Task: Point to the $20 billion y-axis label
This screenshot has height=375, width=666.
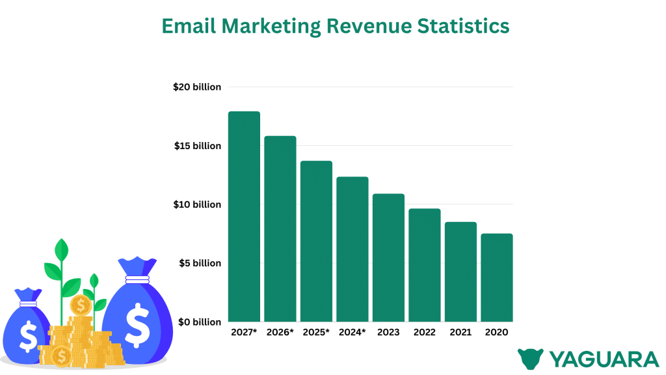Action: point(197,87)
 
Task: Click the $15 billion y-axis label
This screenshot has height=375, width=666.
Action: point(197,146)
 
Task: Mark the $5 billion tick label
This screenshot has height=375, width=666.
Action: point(200,263)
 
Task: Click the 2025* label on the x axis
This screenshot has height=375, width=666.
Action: point(316,332)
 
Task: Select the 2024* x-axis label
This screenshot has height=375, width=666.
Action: point(353,332)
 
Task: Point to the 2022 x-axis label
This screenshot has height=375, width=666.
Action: point(425,332)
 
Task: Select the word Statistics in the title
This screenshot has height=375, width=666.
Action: point(468,26)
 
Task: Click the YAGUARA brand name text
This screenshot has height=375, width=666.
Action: point(604,359)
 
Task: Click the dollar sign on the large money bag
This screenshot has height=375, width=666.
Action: point(137,326)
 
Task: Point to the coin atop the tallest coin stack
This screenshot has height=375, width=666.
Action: point(81,305)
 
